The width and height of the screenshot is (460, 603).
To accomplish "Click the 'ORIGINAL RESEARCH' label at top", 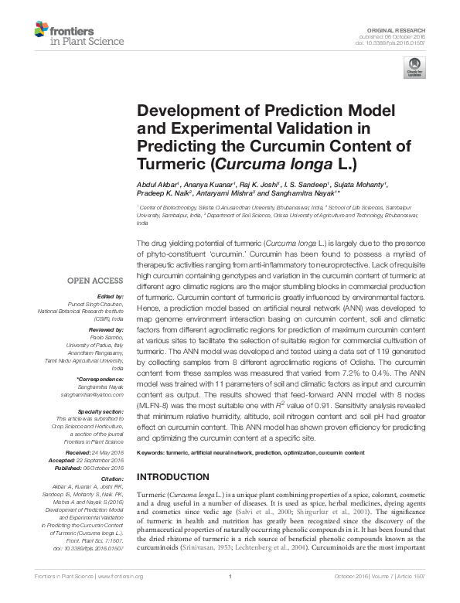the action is [403, 29].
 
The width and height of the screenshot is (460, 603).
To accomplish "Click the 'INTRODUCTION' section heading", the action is [172, 476].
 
